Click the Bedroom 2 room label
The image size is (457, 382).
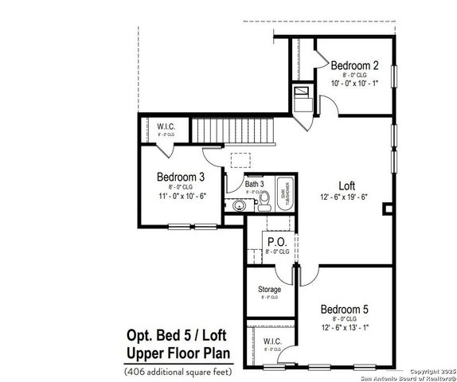(353, 65)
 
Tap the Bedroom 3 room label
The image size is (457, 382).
(180, 177)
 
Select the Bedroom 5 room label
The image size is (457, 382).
(345, 309)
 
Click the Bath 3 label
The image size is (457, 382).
(254, 184)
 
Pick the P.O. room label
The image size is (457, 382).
(276, 242)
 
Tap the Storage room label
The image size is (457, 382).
(269, 290)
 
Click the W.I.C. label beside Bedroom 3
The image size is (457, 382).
(166, 127)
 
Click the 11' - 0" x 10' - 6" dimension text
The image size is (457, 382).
(182, 196)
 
